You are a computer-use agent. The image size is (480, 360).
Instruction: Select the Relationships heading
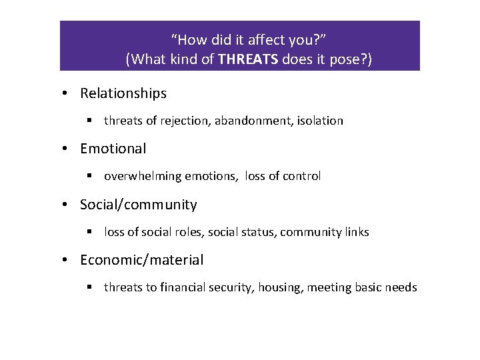(123, 93)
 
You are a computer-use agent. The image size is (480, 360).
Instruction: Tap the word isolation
(320, 121)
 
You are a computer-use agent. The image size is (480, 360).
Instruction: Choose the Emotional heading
(113, 149)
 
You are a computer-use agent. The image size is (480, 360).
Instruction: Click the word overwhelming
(138, 176)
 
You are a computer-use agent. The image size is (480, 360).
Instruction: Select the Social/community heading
(139, 205)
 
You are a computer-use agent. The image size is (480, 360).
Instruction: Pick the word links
(355, 232)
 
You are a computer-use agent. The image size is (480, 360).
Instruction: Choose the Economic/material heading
(142, 260)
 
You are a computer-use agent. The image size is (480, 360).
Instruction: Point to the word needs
(402, 287)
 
